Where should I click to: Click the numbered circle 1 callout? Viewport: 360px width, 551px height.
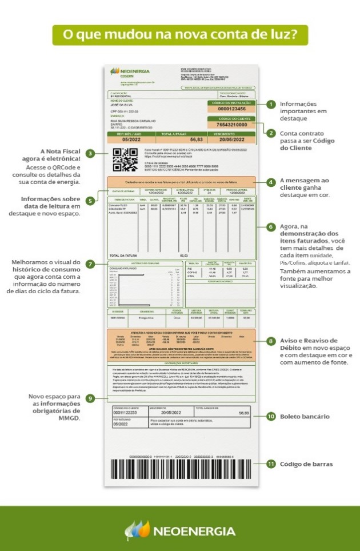(270, 105)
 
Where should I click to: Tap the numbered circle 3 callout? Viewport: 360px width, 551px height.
(90, 153)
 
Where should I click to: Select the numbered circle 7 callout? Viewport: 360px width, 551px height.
(90, 264)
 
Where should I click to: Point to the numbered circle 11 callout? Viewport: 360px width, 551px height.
(270, 464)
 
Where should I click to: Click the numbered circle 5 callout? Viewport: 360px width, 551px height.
(90, 201)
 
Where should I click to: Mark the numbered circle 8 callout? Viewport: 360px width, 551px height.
(270, 341)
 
